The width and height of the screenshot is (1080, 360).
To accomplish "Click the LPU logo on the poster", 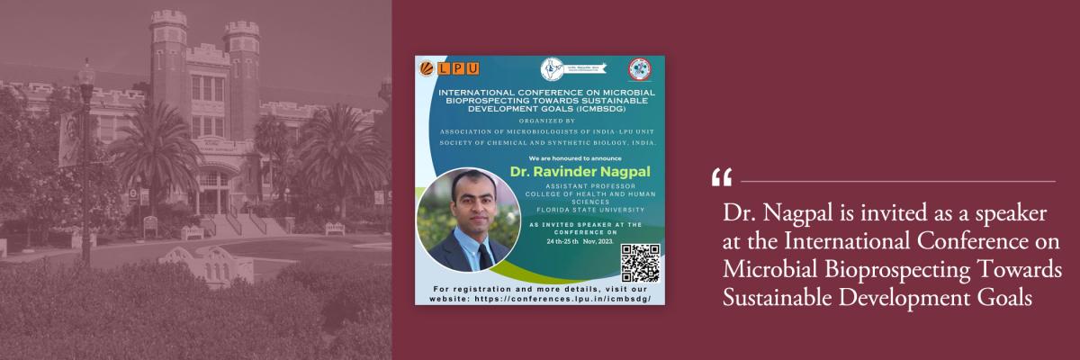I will (449, 68).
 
